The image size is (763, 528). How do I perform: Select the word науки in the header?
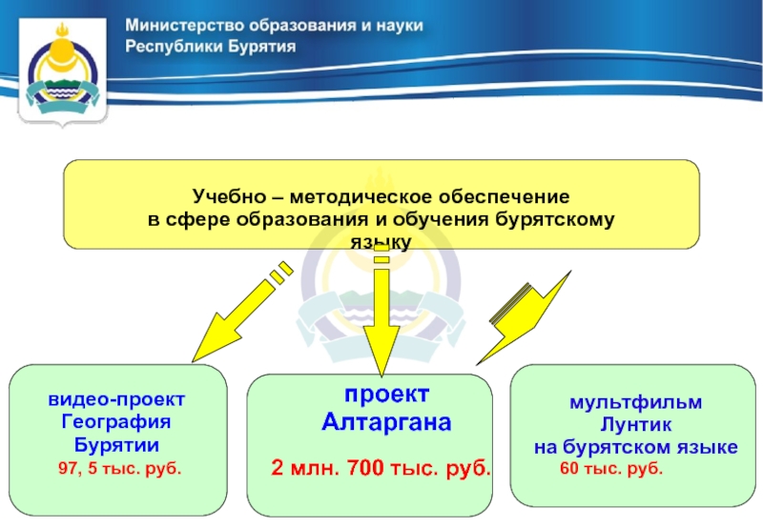pos(396,25)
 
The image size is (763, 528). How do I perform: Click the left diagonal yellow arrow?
pos(234,315)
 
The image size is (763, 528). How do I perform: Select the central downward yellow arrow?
pos(381,315)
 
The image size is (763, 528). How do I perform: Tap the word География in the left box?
pos(117,422)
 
